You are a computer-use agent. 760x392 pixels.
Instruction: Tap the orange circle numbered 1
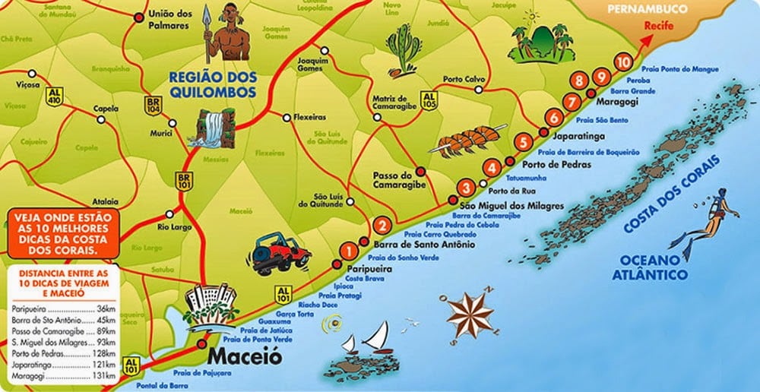pyautogui.click(x=349, y=248)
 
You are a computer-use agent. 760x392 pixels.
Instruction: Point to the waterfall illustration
pyautogui.click(x=212, y=128)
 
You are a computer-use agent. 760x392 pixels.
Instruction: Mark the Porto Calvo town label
pyautogui.click(x=464, y=78)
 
